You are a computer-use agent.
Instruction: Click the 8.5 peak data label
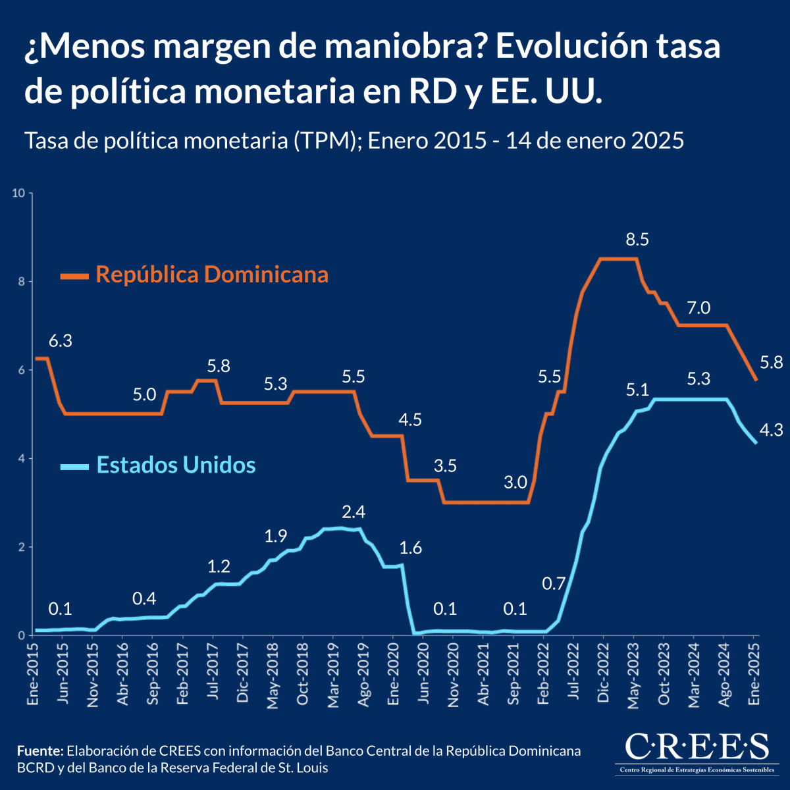click(637, 240)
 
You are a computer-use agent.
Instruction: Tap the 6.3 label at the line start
click(61, 341)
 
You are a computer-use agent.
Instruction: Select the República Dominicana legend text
click(212, 274)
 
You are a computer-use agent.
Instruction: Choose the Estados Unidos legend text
click(176, 465)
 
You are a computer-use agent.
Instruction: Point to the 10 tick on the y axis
click(18, 193)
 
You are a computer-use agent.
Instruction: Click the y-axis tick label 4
click(22, 458)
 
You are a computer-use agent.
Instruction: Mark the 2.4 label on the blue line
click(354, 512)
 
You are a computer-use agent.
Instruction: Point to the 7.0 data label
click(698, 307)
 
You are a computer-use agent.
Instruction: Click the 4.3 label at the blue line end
click(771, 431)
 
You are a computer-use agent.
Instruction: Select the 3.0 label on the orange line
click(515, 483)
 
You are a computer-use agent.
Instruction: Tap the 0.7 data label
click(554, 583)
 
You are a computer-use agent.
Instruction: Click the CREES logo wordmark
click(696, 747)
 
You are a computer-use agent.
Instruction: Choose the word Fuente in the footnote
click(39, 751)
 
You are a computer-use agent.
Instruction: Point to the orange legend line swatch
click(74, 276)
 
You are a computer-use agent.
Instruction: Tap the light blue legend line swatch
click(74, 467)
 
